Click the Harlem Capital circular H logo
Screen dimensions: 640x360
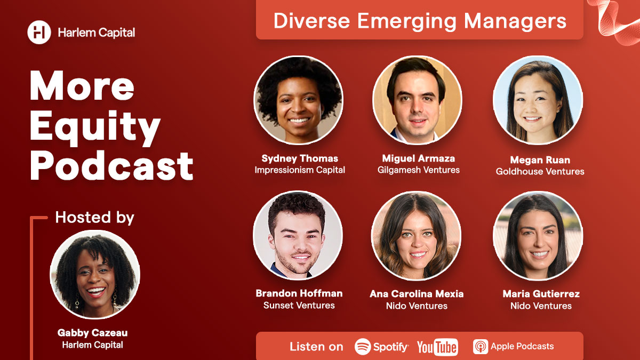click(39, 33)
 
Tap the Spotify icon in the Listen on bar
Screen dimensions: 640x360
click(363, 347)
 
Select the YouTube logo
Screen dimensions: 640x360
click(437, 347)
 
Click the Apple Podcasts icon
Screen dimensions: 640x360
click(481, 347)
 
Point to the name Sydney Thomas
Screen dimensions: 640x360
click(300, 158)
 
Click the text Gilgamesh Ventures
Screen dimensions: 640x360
click(418, 170)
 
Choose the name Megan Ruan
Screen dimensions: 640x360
click(540, 159)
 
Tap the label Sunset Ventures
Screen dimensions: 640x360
click(299, 305)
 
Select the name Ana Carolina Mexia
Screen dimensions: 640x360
click(417, 294)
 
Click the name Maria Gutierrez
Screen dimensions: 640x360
click(541, 294)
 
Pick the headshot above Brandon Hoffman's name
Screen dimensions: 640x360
click(298, 235)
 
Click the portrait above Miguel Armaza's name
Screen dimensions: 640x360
click(417, 100)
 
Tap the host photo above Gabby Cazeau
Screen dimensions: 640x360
click(95, 275)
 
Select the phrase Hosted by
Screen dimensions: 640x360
click(94, 218)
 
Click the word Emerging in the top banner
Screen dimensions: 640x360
click(407, 21)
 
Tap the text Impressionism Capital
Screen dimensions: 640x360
click(300, 170)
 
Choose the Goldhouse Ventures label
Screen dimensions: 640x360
click(540, 171)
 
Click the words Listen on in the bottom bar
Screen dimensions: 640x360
click(316, 347)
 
